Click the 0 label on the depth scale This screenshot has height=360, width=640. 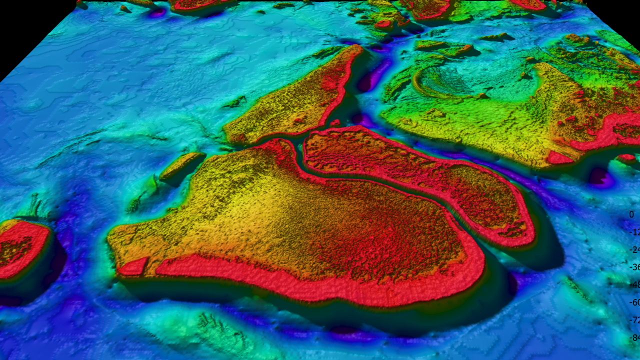click(x=631, y=214)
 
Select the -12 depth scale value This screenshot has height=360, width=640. click(x=634, y=232)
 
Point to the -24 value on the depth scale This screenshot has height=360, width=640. click(x=634, y=249)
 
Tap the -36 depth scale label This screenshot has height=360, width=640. click(x=634, y=267)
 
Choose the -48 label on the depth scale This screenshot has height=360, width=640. click(x=634, y=284)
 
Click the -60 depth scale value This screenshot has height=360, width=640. click(x=634, y=302)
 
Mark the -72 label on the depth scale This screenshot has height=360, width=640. click(x=634, y=320)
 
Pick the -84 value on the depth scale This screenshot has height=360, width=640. click(x=634, y=337)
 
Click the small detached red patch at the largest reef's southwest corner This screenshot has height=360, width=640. click(x=132, y=267)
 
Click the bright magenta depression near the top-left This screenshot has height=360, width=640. click(x=157, y=12)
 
